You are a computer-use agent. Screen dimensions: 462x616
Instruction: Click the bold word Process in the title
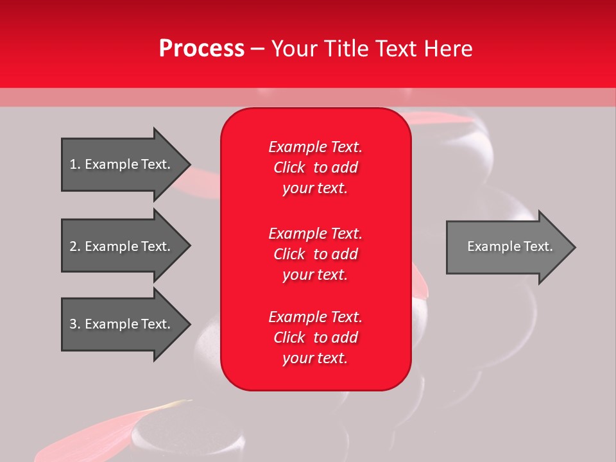pyautogui.click(x=201, y=49)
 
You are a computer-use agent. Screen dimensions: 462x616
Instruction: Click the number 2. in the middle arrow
pyautogui.click(x=74, y=246)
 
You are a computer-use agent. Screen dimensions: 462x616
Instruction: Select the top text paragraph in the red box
pyautogui.click(x=315, y=167)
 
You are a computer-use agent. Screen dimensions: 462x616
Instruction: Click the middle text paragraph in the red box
pyautogui.click(x=315, y=254)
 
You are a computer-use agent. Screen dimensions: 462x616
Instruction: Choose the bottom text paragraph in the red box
pyautogui.click(x=315, y=338)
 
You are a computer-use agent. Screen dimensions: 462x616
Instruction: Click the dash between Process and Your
pyautogui.click(x=258, y=49)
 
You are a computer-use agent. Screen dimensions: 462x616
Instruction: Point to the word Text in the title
pyautogui.click(x=398, y=49)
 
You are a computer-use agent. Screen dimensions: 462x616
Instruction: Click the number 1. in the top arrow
pyautogui.click(x=74, y=164)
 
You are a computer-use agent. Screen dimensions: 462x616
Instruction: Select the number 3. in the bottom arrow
pyautogui.click(x=74, y=324)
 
